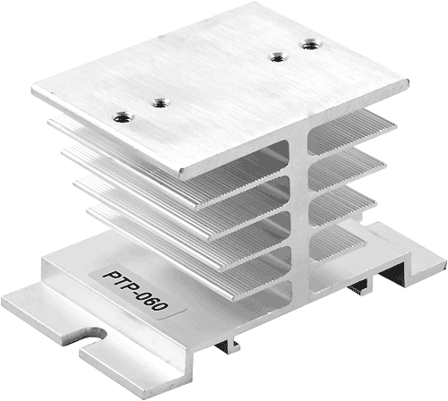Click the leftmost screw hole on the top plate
point(124,116)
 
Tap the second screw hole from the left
point(161,104)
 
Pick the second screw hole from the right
point(279,56)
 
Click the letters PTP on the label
point(118,281)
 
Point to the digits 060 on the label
point(153,301)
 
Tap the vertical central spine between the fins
point(299,215)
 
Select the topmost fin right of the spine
point(352,132)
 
